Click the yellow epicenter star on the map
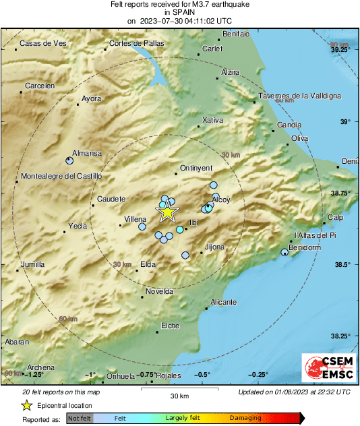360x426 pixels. [x=167, y=212]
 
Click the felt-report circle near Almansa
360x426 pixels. [x=69, y=160]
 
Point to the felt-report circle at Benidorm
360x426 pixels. [x=284, y=252]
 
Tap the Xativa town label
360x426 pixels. [x=212, y=120]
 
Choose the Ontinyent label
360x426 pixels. [x=197, y=168]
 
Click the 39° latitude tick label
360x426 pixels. [x=345, y=121]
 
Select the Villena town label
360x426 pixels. [x=136, y=220]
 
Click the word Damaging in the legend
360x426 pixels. [x=245, y=419]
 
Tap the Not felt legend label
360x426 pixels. [x=79, y=419]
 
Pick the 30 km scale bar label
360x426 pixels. [x=179, y=395]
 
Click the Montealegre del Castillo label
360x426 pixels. [x=61, y=177]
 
